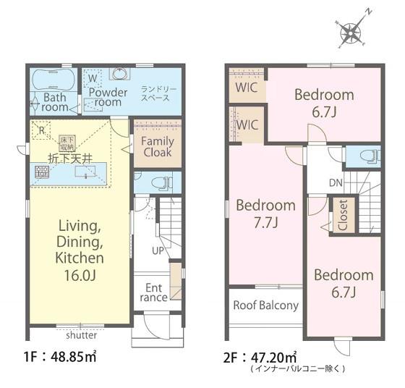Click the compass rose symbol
351,33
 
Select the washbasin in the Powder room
119,73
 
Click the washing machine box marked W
93,78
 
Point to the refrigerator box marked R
41,130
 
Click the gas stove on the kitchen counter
42,172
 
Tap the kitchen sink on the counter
85,172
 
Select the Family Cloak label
158,146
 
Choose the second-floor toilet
370,156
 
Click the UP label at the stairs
158,250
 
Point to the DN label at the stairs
336,183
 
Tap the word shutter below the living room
81,335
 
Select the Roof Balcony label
266,305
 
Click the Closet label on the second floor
343,215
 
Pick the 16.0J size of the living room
80,276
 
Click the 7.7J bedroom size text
266,222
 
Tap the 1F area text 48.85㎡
73,357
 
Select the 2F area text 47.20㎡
274,358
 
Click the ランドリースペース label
158,93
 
